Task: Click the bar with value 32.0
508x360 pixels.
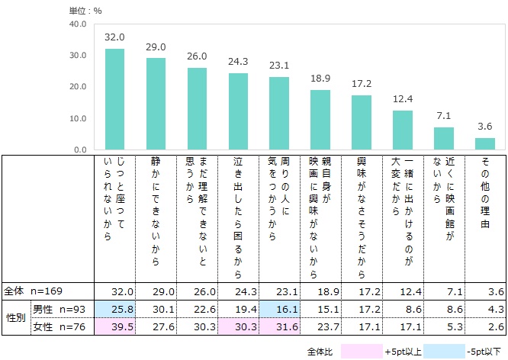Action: pos(114,99)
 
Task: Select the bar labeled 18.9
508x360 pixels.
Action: pos(320,120)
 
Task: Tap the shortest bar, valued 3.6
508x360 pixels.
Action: pos(485,144)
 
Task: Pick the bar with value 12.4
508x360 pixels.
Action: pos(403,130)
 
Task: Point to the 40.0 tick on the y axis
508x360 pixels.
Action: pos(77,24)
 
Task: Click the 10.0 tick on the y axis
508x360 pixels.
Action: pos(77,119)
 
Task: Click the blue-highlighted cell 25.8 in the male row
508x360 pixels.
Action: pos(114,308)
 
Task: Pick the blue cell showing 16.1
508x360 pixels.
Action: pos(279,308)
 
